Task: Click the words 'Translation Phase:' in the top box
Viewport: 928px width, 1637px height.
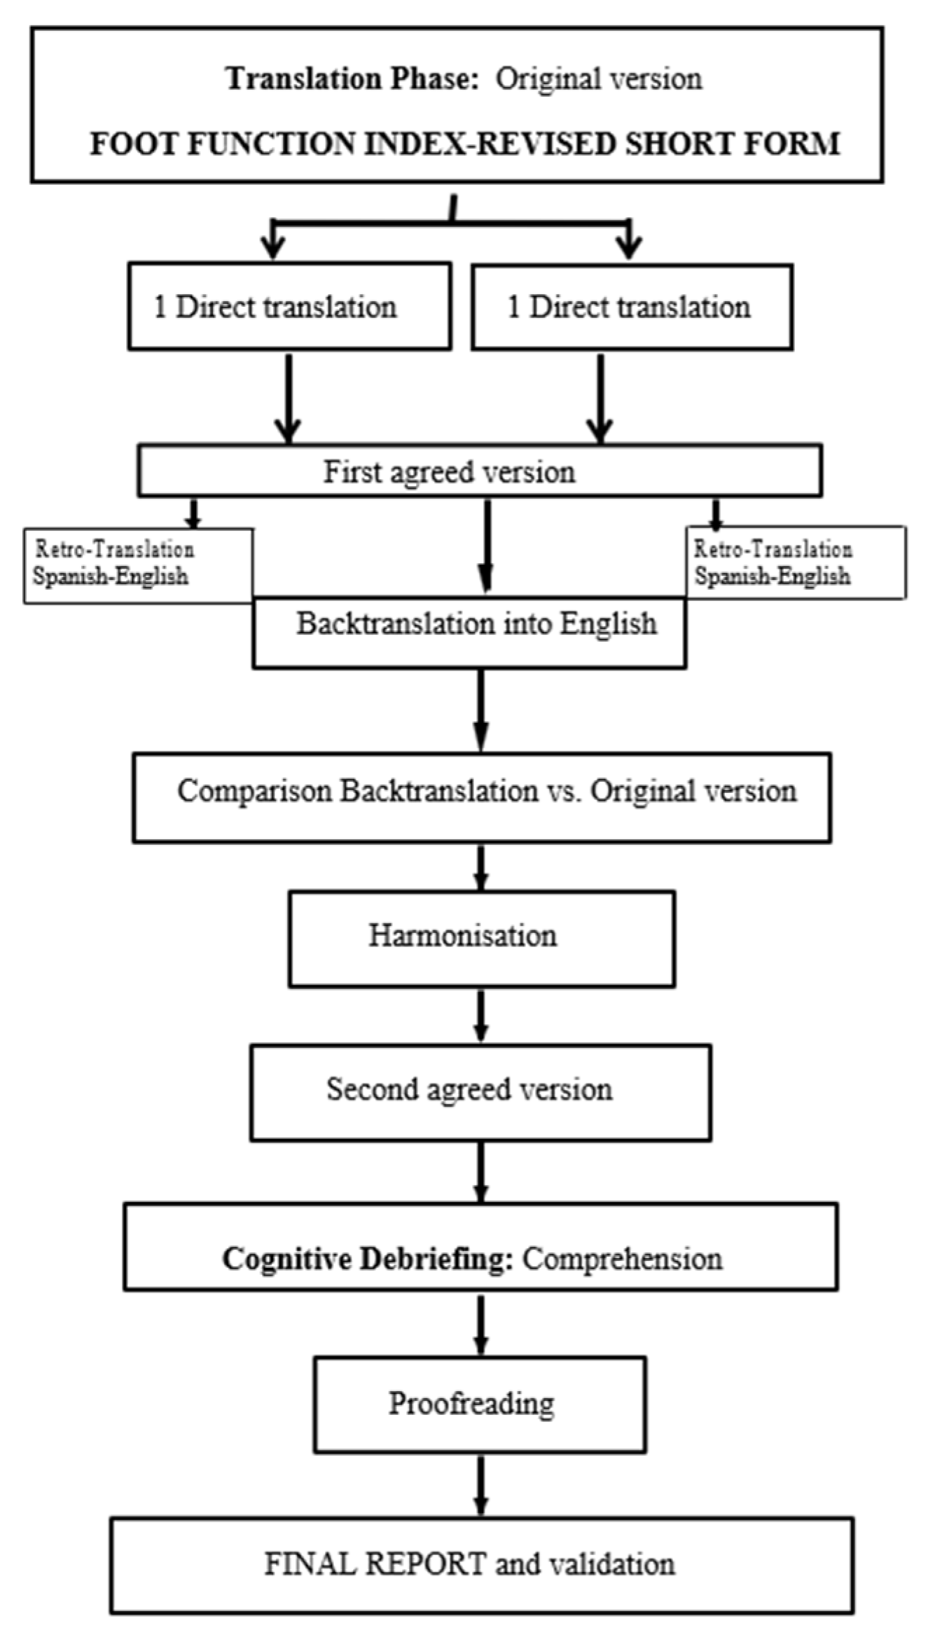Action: point(352,78)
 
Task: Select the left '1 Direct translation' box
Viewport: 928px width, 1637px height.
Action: point(289,307)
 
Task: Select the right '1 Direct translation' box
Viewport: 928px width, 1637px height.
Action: point(632,307)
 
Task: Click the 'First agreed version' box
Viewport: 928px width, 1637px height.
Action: point(479,471)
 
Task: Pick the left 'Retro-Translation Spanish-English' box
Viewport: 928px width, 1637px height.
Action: point(138,565)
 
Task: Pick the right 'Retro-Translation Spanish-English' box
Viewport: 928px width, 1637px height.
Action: point(795,562)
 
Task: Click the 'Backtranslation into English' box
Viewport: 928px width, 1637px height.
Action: point(469,632)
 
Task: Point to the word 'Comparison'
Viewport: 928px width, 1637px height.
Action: point(255,792)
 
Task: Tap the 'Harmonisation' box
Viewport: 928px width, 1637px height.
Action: point(482,937)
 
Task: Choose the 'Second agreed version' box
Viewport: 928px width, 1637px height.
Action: point(480,1090)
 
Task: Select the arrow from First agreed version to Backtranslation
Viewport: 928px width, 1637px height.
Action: point(487,546)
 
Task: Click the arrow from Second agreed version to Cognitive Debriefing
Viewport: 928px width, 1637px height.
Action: point(480,1171)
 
